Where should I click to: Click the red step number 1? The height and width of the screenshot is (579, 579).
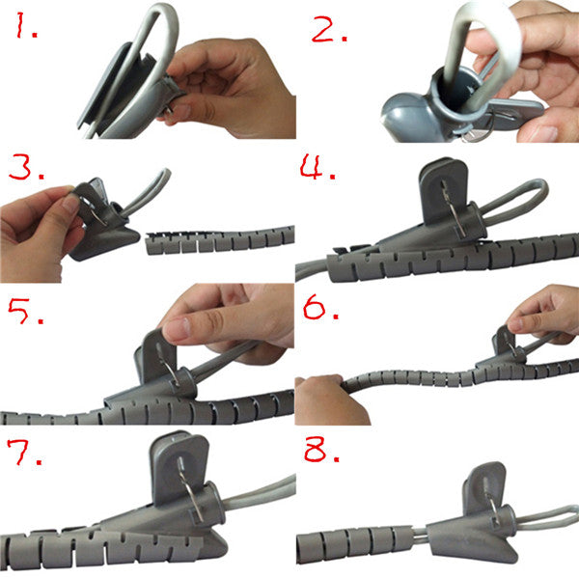[x=25, y=32]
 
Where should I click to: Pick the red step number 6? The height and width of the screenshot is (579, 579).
[x=317, y=315]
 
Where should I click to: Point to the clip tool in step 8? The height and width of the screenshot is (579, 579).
[x=473, y=521]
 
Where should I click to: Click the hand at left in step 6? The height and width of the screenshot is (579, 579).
[x=328, y=400]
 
